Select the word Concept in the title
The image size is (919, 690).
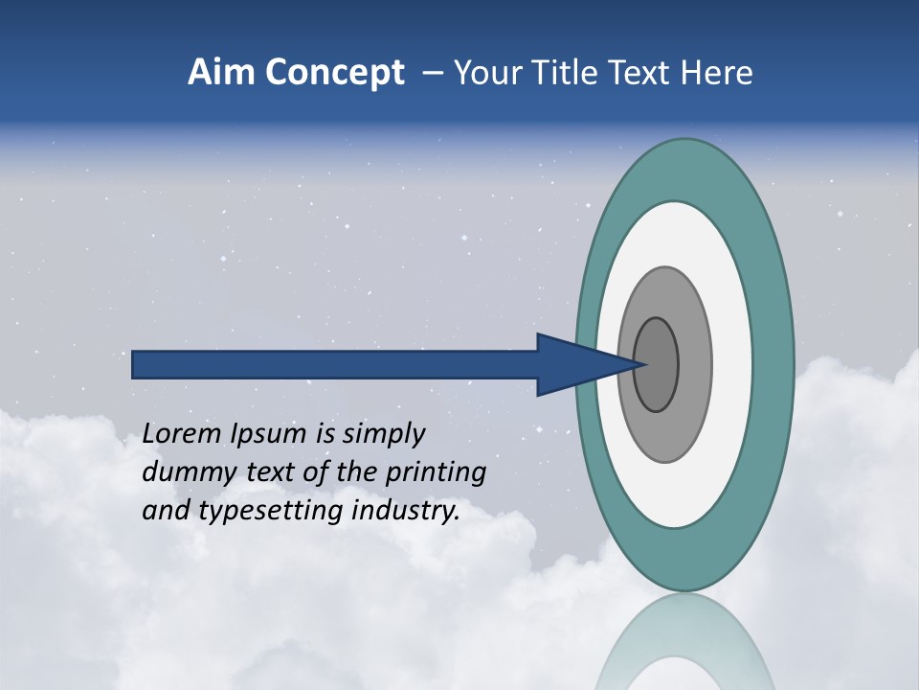click(x=335, y=73)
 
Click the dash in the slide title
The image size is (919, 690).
click(x=432, y=73)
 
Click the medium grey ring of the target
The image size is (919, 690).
click(x=693, y=365)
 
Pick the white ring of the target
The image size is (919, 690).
click(x=732, y=365)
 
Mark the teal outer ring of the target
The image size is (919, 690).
click(x=777, y=365)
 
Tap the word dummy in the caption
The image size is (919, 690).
click(x=183, y=472)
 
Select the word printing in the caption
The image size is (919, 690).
click(x=435, y=473)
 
